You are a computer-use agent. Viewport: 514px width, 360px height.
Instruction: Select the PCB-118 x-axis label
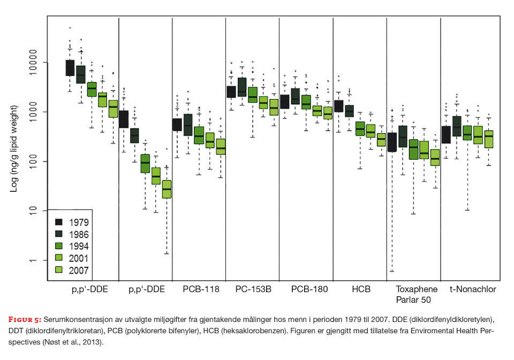coord(199,289)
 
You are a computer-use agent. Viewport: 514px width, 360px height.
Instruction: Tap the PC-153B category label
coord(253,289)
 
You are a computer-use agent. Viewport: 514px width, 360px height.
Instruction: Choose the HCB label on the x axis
coord(360,289)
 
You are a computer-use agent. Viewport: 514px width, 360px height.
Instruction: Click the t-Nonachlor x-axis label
coord(472,289)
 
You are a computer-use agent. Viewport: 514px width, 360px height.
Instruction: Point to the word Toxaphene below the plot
coord(414,289)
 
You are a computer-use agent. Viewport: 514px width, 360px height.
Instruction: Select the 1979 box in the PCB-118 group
coord(177,125)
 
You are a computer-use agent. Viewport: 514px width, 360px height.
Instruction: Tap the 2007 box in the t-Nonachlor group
coord(489,139)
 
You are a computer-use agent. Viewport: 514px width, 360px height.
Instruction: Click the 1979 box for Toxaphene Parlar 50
coord(392,142)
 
